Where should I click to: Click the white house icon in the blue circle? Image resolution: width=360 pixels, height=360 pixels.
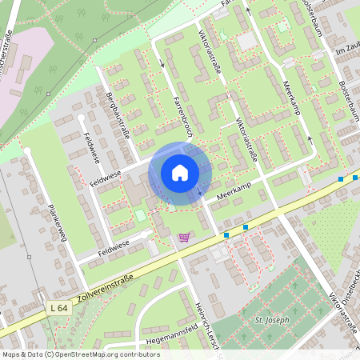point(180,172)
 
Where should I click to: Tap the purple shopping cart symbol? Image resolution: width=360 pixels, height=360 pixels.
point(185,237)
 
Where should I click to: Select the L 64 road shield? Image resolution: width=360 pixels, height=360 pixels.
point(57,308)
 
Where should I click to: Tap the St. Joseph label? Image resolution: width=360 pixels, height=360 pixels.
point(270,321)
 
